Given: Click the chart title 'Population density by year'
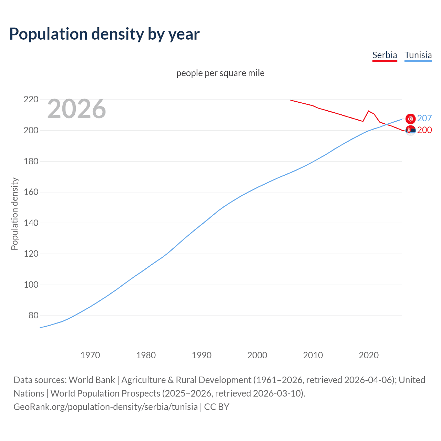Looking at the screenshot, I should click(104, 34).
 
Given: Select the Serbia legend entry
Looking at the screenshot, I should click(384, 55).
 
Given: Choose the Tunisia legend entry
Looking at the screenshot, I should click(418, 55).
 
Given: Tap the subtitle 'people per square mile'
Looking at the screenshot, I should click(220, 73).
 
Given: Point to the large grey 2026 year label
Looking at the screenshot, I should click(76, 109).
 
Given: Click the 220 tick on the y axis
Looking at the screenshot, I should click(31, 100).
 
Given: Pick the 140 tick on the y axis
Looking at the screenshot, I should click(31, 223).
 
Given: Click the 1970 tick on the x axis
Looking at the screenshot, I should click(90, 355).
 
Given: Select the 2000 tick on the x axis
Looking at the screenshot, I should click(257, 355).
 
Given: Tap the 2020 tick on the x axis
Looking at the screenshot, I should click(369, 355).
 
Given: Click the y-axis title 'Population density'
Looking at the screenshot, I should click(14, 214).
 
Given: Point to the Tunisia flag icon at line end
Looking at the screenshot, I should click(410, 119).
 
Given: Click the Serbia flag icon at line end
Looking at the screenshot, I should click(410, 130).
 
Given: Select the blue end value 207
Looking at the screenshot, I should click(424, 118).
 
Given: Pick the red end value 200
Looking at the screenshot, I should click(424, 130).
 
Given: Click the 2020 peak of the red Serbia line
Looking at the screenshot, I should click(369, 111).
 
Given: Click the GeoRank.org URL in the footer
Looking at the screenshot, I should click(105, 407).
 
